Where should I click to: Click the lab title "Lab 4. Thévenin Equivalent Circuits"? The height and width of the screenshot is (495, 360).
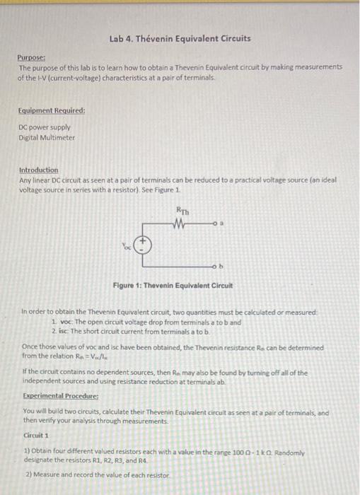[x=180, y=37]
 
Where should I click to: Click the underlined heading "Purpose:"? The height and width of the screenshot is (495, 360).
[x=32, y=58]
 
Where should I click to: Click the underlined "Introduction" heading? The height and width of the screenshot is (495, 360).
[x=39, y=171]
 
